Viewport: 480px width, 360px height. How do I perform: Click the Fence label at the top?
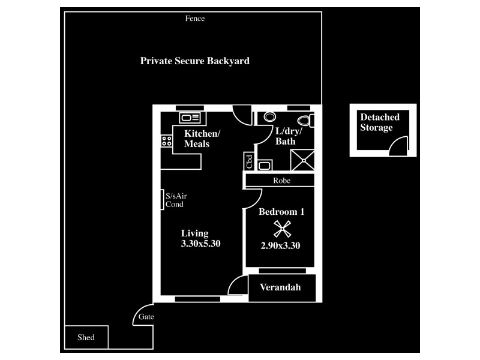coord(195,19)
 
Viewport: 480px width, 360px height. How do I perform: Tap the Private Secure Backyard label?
coord(194,61)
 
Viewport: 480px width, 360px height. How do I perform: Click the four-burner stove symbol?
coord(166,142)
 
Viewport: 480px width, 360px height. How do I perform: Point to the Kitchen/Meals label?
coord(202,139)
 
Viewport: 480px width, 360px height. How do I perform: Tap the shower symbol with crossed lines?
coord(302,160)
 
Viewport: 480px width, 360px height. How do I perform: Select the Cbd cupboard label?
coord(248,161)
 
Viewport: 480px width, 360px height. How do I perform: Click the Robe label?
coord(282,181)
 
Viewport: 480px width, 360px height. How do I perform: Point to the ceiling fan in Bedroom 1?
coord(282,228)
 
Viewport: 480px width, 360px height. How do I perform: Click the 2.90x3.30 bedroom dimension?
coord(280,245)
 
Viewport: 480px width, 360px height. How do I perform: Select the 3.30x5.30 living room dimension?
coord(202,244)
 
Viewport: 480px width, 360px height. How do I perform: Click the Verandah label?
coord(280,288)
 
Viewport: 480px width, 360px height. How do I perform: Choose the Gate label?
coord(146,317)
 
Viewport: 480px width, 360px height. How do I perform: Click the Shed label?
coord(86,338)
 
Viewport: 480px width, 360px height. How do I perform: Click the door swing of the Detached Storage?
coord(398,146)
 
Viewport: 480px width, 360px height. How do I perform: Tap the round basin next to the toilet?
coord(269,117)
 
